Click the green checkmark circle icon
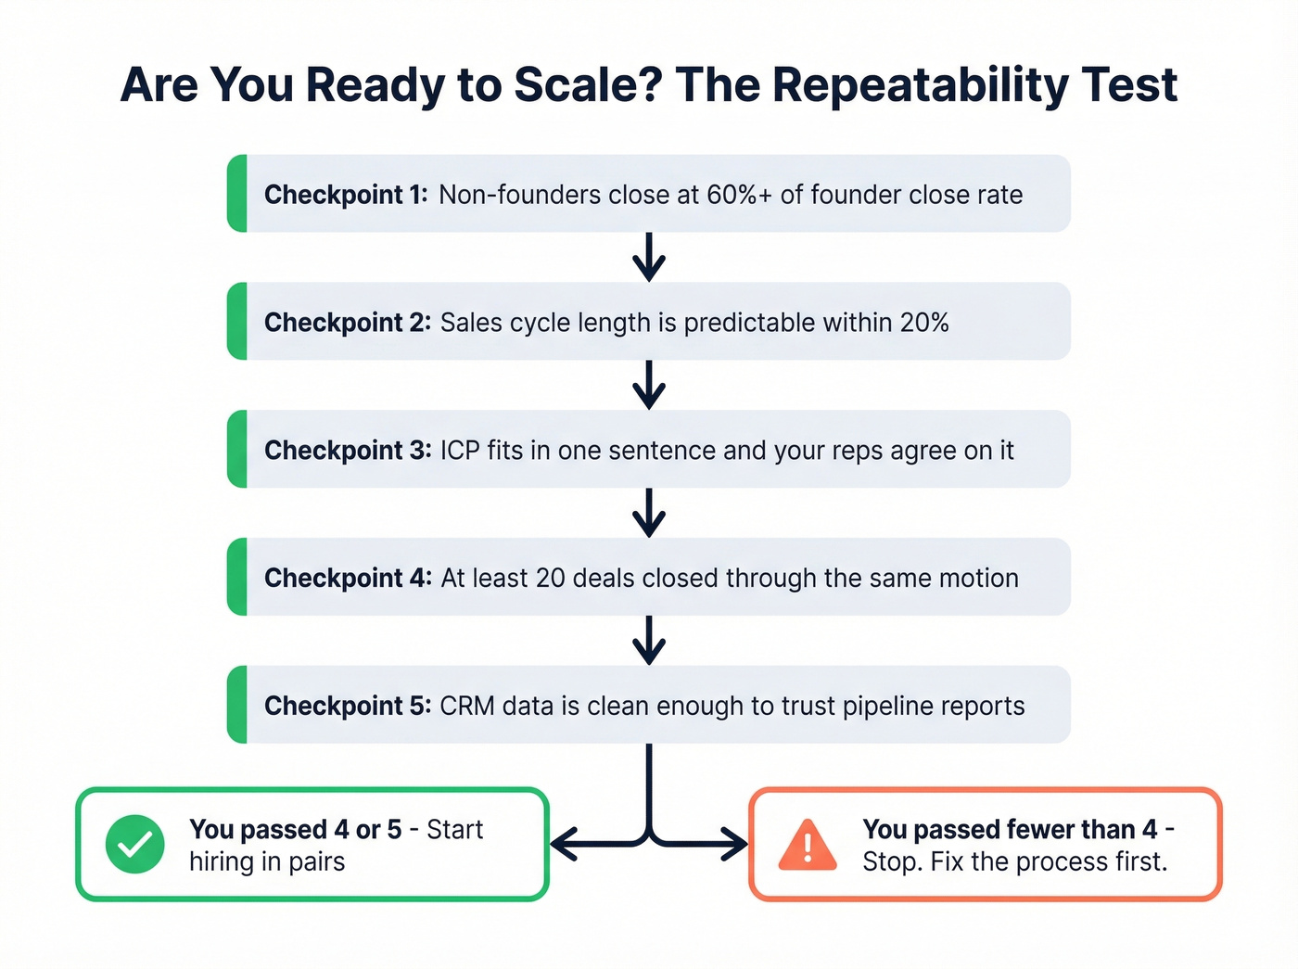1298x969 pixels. [x=135, y=844]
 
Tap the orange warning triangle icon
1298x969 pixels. [x=808, y=845]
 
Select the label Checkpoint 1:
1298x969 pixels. [x=346, y=195]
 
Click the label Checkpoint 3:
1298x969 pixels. [x=348, y=451]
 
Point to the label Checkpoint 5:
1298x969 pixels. [x=348, y=706]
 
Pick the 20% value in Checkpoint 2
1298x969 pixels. [x=923, y=323]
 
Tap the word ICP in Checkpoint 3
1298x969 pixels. [x=460, y=451]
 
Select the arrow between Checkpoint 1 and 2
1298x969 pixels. [x=649, y=258]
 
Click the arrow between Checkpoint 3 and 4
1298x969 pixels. [x=649, y=513]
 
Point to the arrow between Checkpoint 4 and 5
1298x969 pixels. [x=649, y=641]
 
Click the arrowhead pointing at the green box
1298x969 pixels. [x=562, y=844]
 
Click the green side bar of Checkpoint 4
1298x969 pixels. [x=238, y=577]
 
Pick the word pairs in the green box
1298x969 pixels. [x=316, y=861]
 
